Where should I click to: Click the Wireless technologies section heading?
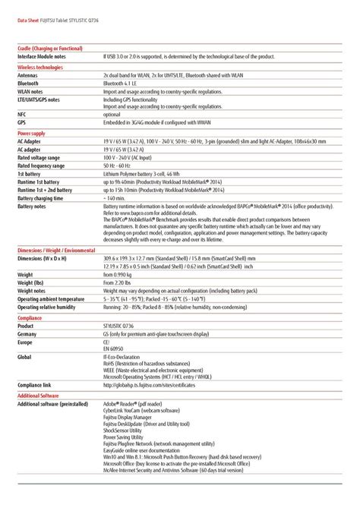(x=39, y=67)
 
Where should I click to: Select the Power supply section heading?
(x=31, y=133)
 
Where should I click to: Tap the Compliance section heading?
(x=30, y=318)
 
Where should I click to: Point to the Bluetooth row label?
(x=30, y=83)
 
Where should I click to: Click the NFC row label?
(x=22, y=113)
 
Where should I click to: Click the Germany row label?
(x=27, y=333)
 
